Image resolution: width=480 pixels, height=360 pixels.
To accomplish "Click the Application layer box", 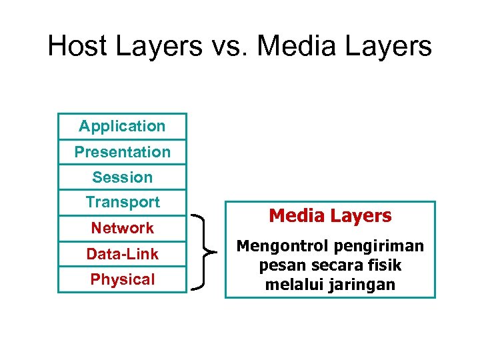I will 122,126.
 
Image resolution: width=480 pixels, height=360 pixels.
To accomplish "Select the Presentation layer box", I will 122,152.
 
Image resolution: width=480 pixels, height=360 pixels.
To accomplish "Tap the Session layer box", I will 122,177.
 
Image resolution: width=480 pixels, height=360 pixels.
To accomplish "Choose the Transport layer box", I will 122,202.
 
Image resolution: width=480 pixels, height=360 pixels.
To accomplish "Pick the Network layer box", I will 122,228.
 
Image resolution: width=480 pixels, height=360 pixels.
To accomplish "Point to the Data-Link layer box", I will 122,254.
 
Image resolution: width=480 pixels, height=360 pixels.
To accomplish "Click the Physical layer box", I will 122,279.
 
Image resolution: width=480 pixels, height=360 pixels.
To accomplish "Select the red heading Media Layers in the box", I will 330,216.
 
